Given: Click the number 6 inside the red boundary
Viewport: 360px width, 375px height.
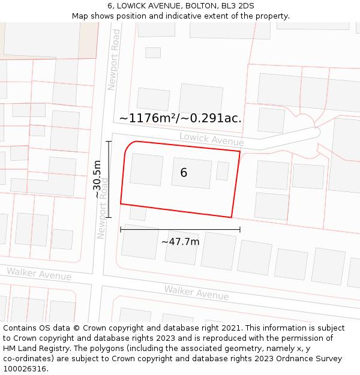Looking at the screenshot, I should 184,173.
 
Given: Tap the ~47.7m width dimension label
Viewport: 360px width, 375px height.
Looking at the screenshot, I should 180,242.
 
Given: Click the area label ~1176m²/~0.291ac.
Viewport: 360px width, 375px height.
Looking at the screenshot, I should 180,118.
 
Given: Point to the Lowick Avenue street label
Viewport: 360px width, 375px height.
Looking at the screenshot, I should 211,140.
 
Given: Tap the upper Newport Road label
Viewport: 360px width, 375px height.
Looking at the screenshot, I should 113,61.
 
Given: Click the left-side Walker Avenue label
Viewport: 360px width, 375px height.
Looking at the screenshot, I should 39,275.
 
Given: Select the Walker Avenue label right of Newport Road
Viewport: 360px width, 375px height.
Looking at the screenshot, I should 196,293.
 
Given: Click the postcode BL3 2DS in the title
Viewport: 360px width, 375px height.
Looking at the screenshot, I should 237,5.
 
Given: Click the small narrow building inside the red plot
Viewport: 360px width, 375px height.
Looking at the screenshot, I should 223,171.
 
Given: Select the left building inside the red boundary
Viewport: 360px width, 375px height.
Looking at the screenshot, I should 146,170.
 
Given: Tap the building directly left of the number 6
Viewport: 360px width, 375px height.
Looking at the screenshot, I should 146,170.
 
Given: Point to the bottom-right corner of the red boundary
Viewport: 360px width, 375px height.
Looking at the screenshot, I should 232,217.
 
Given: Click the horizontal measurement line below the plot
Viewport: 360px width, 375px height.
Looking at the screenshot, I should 180,229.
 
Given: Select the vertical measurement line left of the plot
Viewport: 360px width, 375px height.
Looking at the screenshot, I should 109,179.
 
